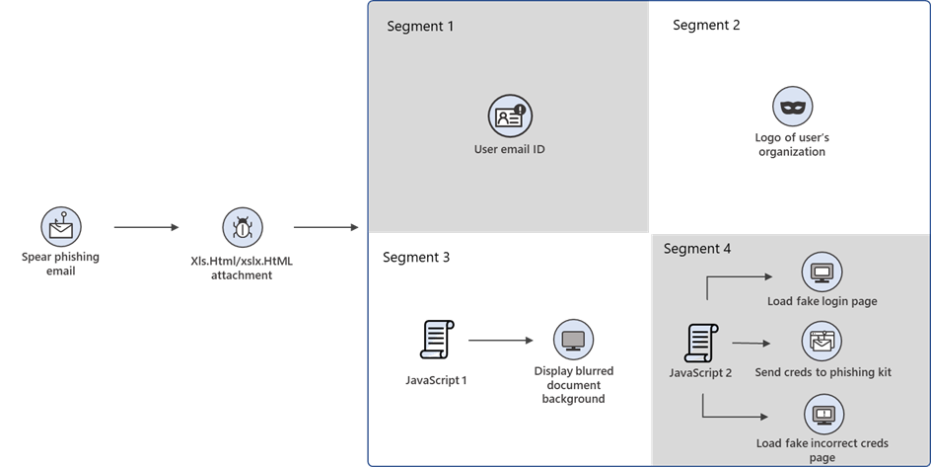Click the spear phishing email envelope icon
[60, 228]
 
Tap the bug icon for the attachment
[243, 228]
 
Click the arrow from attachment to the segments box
[325, 228]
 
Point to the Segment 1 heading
[420, 26]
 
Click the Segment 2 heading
[706, 26]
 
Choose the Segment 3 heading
[416, 258]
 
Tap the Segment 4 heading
[697, 249]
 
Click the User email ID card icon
[509, 117]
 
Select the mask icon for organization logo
[792, 106]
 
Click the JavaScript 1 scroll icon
[436, 340]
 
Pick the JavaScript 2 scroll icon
[700, 343]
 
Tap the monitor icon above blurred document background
[573, 340]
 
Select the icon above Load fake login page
[822, 272]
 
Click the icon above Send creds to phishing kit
[822, 342]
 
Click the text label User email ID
[509, 150]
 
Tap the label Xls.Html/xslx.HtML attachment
[243, 269]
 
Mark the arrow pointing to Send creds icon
[751, 344]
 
